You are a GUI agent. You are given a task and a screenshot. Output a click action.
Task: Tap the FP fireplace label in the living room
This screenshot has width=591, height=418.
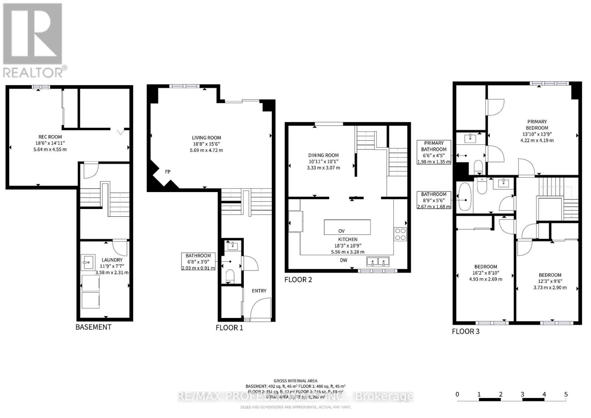pos(167,172)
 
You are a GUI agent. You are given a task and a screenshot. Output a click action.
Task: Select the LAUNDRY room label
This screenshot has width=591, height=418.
pos(112,260)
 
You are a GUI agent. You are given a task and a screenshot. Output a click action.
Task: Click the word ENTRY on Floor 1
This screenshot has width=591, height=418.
pos(259,291)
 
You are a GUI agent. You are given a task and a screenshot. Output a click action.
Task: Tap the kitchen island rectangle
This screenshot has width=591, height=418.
pos(347,227)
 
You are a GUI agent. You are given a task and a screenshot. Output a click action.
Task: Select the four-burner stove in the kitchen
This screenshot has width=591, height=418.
pos(400,234)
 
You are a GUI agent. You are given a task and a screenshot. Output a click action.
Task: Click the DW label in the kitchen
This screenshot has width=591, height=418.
pos(344,260)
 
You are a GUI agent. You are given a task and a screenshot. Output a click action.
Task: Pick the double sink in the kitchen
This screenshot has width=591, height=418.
pos(378,262)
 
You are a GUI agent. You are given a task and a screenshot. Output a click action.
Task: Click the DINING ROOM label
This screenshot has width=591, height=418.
pos(323,155)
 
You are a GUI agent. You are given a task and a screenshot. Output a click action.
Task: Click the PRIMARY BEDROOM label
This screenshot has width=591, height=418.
pos(537,124)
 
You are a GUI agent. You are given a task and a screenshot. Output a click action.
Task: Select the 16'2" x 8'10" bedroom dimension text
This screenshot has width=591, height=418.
pos(485,273)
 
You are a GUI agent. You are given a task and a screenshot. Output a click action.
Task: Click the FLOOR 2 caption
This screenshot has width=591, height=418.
pos(298,280)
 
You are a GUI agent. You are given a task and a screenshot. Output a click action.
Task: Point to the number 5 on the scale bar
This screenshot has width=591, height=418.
pos(566,394)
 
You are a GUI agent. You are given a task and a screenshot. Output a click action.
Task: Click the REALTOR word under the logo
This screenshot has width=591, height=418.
pos(33,72)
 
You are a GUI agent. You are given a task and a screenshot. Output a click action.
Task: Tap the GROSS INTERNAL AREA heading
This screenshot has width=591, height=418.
pos(295,381)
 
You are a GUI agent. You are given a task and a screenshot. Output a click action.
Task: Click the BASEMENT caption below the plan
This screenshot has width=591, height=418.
pos(93,327)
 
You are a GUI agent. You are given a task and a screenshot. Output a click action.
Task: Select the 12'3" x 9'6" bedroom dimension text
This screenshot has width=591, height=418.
pos(550,281)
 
